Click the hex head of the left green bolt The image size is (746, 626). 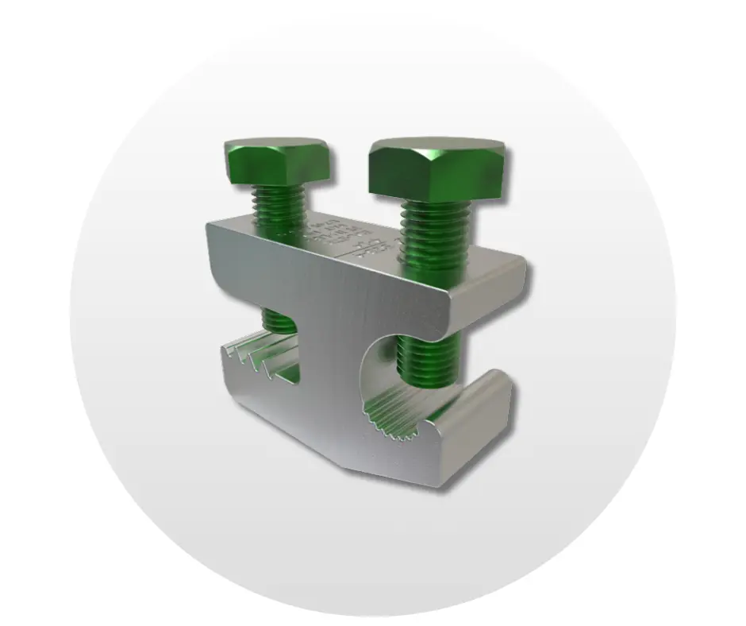point(277,163)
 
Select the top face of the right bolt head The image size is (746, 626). point(436,147)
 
